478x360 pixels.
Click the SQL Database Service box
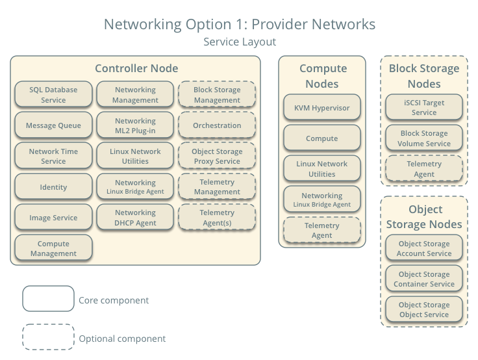pyautogui.click(x=53, y=95)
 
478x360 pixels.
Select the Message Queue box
pyautogui.click(x=53, y=125)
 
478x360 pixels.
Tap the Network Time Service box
pyautogui.click(x=53, y=157)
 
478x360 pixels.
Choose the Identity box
pyautogui.click(x=53, y=187)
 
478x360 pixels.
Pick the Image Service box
pyautogui.click(x=53, y=218)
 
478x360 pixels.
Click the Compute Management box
pyautogui.click(x=53, y=248)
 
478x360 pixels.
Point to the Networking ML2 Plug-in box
pyautogui.click(x=135, y=125)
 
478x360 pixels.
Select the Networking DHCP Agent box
pyautogui.click(x=135, y=218)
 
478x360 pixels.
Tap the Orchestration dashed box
pyautogui.click(x=217, y=125)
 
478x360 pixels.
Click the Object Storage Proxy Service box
pyautogui.click(x=217, y=157)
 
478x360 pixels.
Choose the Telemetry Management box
pyautogui.click(x=217, y=187)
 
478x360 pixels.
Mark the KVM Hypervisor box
pyautogui.click(x=322, y=107)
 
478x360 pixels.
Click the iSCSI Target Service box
pyautogui.click(x=424, y=107)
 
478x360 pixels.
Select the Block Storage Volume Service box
pyautogui.click(x=424, y=138)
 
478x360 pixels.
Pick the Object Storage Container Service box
pyautogui.click(x=424, y=279)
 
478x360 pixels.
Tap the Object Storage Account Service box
pyautogui.click(x=424, y=248)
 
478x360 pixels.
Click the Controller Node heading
pyautogui.click(x=136, y=68)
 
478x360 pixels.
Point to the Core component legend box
pyautogui.click(x=48, y=300)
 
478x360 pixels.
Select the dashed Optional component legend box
pyautogui.click(x=48, y=338)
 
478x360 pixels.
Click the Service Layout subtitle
pyautogui.click(x=240, y=42)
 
